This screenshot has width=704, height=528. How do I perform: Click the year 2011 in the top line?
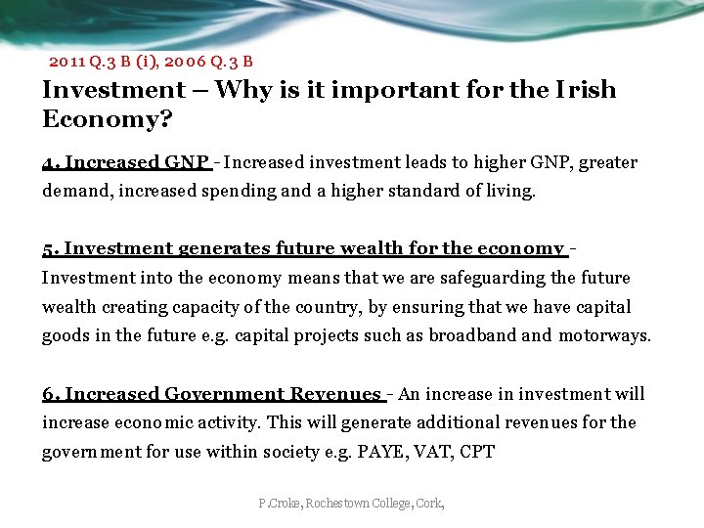[x=66, y=62]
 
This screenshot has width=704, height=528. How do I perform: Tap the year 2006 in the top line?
[x=184, y=62]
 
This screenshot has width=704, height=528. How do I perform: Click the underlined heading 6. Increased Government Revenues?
[x=211, y=394]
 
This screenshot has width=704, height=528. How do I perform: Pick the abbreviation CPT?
[x=477, y=452]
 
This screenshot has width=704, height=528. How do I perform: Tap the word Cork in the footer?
[x=429, y=504]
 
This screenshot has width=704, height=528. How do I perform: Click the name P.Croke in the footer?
[x=280, y=504]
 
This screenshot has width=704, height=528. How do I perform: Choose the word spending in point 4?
[x=239, y=192]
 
